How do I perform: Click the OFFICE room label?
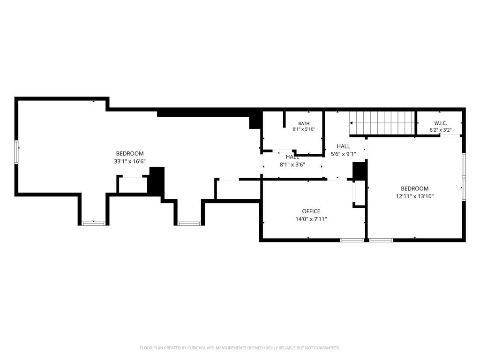pyautogui.click(x=311, y=211)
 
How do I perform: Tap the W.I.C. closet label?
pyautogui.click(x=441, y=123)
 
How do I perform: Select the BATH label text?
pyautogui.click(x=304, y=123)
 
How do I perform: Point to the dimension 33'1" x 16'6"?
pyautogui.click(x=130, y=161)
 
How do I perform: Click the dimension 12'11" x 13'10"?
pyautogui.click(x=415, y=196)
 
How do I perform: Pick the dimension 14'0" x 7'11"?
pyautogui.click(x=311, y=219)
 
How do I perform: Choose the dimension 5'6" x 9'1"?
pyautogui.click(x=344, y=154)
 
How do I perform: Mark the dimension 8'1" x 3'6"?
pyautogui.click(x=292, y=165)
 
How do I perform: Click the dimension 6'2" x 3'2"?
pyautogui.click(x=441, y=130)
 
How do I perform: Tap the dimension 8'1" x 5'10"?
pyautogui.click(x=304, y=129)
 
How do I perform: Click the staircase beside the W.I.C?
pyautogui.click(x=382, y=123)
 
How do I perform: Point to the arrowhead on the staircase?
pyautogui.click(x=352, y=123)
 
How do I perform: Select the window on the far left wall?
pyautogui.click(x=16, y=152)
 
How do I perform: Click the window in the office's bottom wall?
pyautogui.click(x=352, y=240)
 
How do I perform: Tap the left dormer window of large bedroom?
pyautogui.click(x=94, y=224)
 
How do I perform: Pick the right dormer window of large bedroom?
pyautogui.click(x=189, y=224)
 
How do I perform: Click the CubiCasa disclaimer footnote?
pyautogui.click(x=240, y=348)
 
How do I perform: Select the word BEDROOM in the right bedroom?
pyautogui.click(x=415, y=188)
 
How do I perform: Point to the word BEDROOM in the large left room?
pyautogui.click(x=130, y=154)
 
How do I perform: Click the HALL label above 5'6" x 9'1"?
pyautogui.click(x=344, y=146)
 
